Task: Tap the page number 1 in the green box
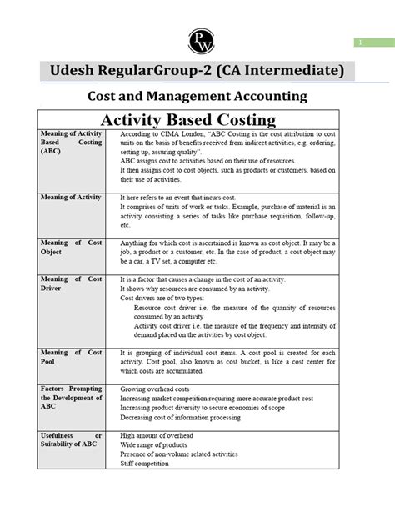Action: point(361,43)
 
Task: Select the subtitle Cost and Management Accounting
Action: point(197,96)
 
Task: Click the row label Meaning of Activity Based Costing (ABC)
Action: point(71,143)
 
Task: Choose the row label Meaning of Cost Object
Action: point(71,247)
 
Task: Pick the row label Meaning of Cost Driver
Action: point(71,284)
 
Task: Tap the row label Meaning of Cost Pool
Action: point(71,357)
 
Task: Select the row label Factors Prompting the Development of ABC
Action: point(71,399)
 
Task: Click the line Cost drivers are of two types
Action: point(164,298)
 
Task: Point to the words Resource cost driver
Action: point(172,308)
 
